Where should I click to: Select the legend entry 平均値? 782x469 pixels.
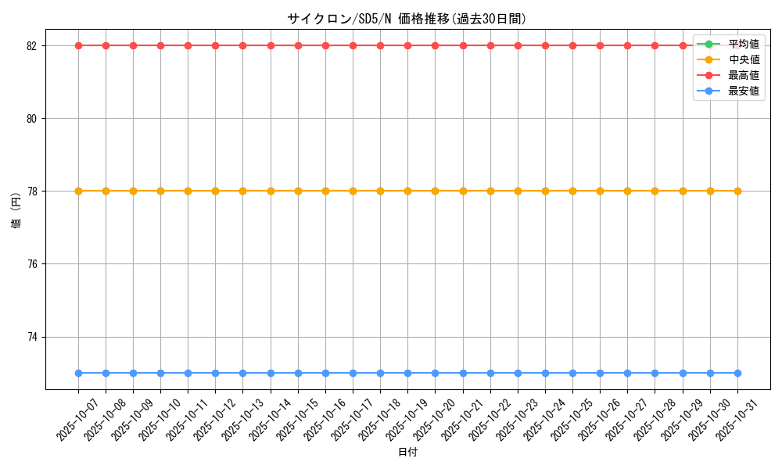point(743,44)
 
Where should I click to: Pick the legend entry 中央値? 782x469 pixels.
point(743,59)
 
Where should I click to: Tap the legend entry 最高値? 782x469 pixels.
point(743,75)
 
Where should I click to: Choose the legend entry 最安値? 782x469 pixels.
point(743,91)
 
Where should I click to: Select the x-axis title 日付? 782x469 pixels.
point(407,453)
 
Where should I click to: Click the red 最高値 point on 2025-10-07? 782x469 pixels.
point(78,45)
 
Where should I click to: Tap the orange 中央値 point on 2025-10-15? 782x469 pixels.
point(298,191)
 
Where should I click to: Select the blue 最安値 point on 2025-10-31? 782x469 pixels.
point(737,373)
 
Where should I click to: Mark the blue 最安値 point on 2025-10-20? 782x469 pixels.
point(436,373)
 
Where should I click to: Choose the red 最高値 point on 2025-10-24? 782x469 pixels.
point(545,45)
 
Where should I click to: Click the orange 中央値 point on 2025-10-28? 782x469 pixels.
point(655,191)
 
